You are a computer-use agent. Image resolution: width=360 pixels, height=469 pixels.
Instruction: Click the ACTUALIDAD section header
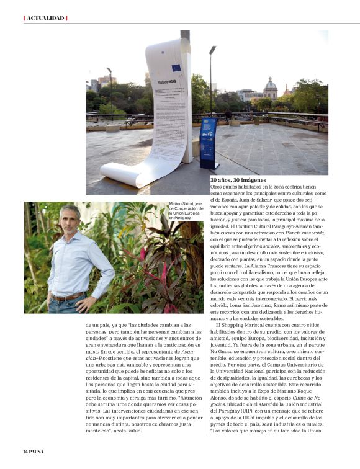click(x=45, y=17)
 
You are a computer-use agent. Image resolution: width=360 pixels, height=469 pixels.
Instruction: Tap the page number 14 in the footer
click(x=27, y=451)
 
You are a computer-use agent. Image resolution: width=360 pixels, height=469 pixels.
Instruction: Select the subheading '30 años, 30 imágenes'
click(x=239, y=180)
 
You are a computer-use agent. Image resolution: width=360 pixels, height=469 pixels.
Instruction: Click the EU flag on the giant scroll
click(x=176, y=68)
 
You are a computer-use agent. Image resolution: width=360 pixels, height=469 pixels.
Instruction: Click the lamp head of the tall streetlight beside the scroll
click(x=213, y=50)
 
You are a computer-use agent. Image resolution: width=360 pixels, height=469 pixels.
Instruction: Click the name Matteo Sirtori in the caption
click(x=181, y=204)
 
